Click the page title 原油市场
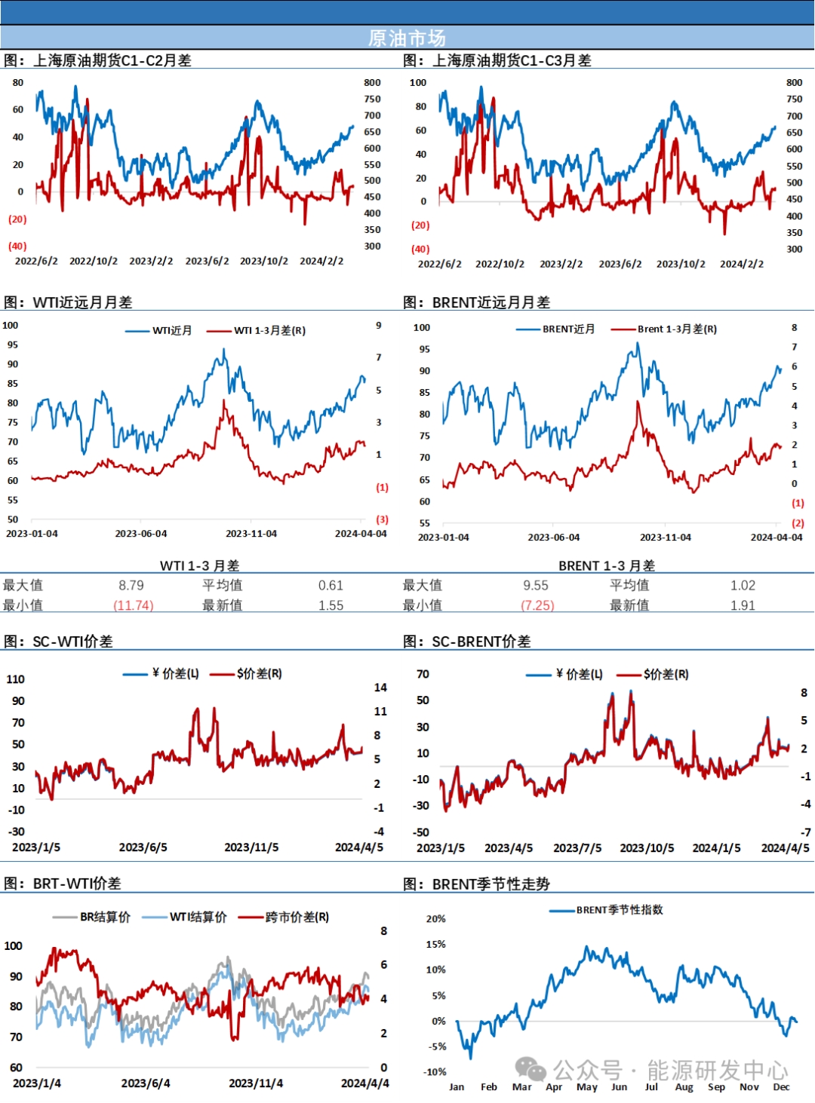pos(407,38)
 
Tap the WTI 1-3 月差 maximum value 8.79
pos(131,585)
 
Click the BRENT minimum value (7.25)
pos(537,605)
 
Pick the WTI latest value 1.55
pos(331,605)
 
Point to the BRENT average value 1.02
pos(743,585)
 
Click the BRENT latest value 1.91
pos(743,605)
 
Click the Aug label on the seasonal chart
pos(684,1086)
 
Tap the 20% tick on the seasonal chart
pos(436,918)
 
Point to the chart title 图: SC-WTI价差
pos(59,641)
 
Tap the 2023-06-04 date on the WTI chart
pos(141,533)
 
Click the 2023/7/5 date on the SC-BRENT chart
pos(577,847)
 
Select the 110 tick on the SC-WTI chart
pos(16,679)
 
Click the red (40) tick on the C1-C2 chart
pos(17,246)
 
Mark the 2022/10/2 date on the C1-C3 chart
pos(500,264)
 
